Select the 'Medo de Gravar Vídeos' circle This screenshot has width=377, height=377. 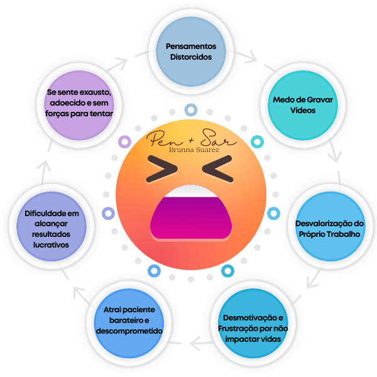(x=294, y=105)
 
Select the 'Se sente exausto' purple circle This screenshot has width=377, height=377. (x=80, y=102)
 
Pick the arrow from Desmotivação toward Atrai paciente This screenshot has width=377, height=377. (x=197, y=343)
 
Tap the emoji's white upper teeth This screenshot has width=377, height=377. (x=188, y=191)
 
